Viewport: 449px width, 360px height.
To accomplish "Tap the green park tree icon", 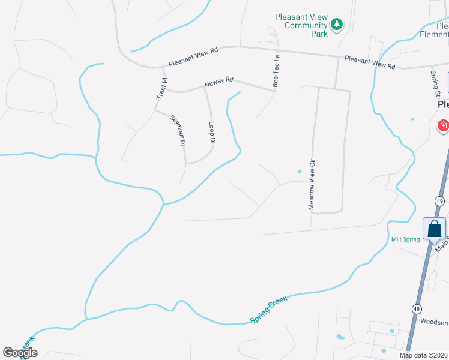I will tap(337, 25).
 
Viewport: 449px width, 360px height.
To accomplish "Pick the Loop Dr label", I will tap(211, 133).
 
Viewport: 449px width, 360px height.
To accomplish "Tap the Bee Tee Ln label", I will tap(276, 72).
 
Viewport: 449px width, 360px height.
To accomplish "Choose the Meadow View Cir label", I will tap(312, 184).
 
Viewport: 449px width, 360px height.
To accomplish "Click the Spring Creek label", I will tap(269, 310).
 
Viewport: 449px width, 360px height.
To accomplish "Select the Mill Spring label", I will tap(405, 239).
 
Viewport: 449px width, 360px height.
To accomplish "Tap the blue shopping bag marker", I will tap(434, 229).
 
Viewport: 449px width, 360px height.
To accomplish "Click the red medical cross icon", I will tap(443, 125).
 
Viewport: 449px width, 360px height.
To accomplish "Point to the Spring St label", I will tap(435, 83).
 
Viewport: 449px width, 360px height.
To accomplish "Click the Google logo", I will tap(20, 353).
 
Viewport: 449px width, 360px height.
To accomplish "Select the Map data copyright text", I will tap(424, 355).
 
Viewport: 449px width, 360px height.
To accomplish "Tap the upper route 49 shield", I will tap(440, 200).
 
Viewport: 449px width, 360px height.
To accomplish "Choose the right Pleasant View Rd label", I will tap(370, 62).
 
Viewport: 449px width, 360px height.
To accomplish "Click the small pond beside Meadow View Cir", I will tap(299, 173).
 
